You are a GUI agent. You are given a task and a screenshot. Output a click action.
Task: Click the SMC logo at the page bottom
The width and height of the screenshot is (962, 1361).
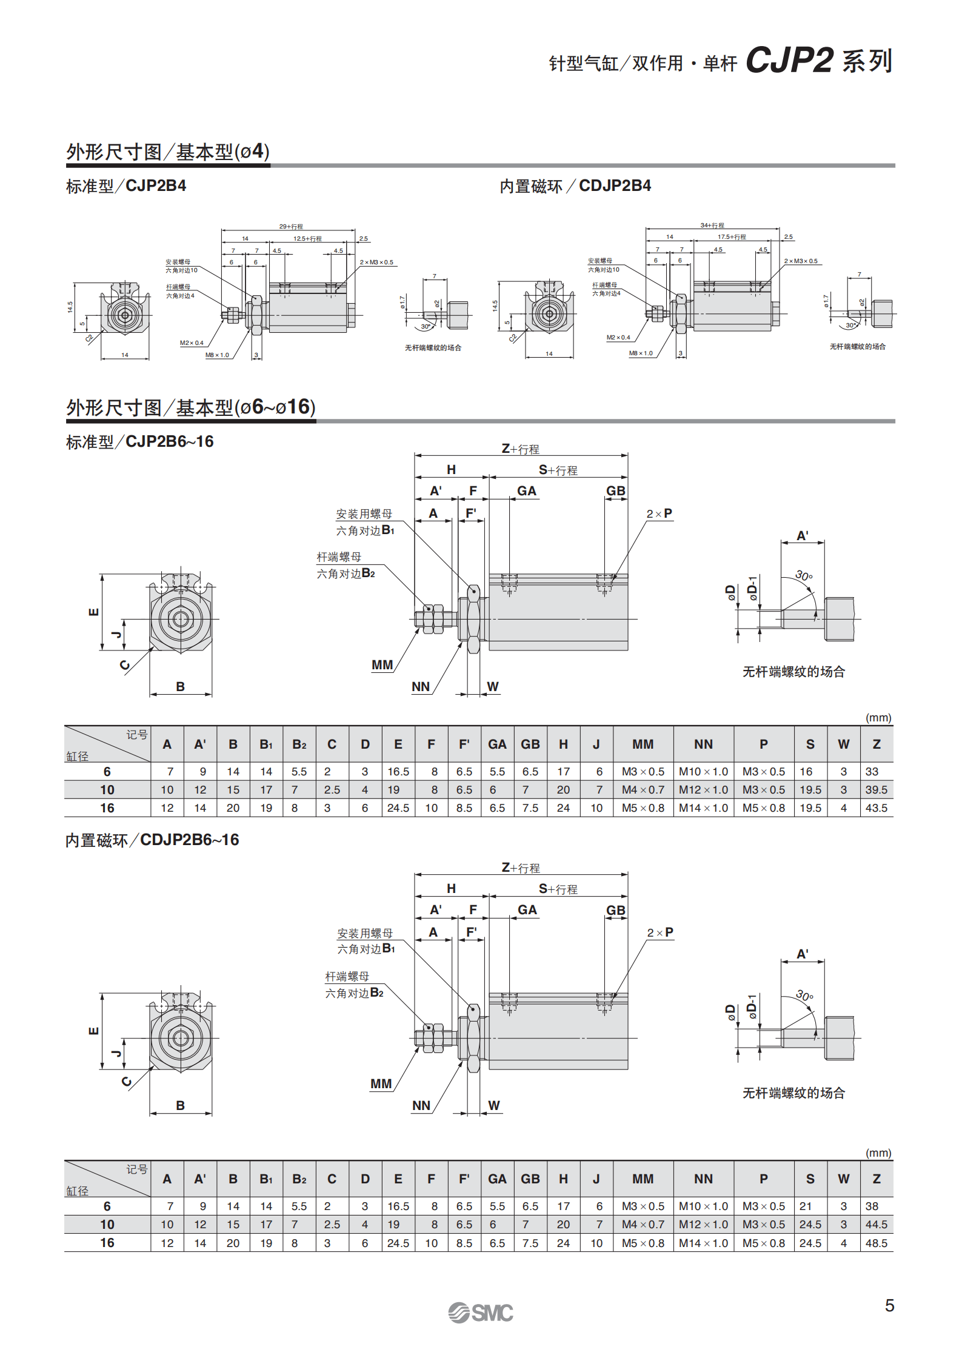point(480,1313)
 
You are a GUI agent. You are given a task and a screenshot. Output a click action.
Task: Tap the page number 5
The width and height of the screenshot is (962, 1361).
point(889,1306)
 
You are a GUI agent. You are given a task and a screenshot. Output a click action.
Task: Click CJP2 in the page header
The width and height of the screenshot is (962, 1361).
point(789,60)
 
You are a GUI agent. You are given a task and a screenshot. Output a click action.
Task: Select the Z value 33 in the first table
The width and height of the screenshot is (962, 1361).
point(872,772)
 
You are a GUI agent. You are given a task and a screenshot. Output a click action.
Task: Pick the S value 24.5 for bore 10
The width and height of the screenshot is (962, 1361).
point(810,1225)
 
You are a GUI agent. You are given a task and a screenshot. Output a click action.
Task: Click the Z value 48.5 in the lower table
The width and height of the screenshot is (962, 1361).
point(876,1243)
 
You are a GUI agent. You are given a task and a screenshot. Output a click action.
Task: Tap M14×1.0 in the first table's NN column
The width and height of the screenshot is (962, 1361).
point(703,808)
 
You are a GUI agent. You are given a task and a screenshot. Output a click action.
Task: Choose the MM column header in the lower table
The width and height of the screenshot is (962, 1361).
point(643,1179)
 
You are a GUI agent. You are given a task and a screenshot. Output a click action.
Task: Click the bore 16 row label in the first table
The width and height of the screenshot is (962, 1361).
point(107,808)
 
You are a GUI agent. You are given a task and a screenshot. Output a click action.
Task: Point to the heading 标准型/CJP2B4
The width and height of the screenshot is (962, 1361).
point(126,186)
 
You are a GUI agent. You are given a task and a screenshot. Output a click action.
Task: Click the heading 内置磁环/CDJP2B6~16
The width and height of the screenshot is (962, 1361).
point(152,840)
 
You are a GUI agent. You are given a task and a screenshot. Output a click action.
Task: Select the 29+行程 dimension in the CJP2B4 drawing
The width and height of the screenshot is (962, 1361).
point(291,226)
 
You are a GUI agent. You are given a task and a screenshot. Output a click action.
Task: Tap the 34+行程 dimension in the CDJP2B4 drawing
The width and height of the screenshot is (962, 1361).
point(712,225)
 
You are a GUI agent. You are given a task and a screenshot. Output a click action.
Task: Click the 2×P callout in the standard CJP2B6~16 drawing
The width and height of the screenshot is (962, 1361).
point(660,513)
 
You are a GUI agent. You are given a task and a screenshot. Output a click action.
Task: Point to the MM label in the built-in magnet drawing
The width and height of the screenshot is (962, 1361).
point(381,1084)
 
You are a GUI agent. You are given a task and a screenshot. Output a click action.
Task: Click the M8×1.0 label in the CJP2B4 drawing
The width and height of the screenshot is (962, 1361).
point(217,355)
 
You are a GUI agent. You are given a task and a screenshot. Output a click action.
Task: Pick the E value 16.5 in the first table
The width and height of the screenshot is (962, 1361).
point(398,772)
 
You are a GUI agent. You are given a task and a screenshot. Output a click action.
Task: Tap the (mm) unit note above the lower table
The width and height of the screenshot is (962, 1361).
point(878,1152)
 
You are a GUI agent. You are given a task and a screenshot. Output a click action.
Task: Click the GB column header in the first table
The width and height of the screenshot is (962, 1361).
point(530,744)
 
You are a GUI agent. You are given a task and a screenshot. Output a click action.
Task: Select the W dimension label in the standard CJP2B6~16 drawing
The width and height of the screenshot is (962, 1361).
point(493,686)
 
